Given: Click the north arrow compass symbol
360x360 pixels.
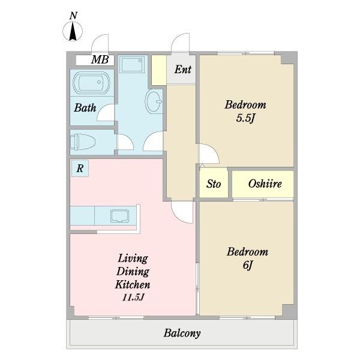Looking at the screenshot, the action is point(73,31).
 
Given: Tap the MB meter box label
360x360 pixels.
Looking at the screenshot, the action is point(100,59).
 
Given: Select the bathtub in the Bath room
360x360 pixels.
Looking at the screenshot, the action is point(91,83).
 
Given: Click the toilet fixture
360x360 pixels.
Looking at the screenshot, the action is point(83,142).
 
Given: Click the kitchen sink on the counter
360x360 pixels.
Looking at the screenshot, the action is point(119,216).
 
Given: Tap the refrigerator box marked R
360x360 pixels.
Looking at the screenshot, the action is point(80,168).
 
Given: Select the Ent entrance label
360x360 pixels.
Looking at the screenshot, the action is point(183,70).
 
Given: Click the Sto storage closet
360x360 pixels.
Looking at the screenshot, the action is point(214,183).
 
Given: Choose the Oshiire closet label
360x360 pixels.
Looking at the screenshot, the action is point(265,184).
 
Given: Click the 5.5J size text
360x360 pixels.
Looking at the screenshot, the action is point(245,118).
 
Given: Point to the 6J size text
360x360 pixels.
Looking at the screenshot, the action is point(248,265).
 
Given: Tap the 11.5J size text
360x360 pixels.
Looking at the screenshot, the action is point(133,298).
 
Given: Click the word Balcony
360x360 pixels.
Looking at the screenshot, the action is point(182,333).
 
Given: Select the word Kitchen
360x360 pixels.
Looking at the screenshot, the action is point(133,284).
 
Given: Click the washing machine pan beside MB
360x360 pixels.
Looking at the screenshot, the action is point(132,65).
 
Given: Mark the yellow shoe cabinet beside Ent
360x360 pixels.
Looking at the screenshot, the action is point(159,70).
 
